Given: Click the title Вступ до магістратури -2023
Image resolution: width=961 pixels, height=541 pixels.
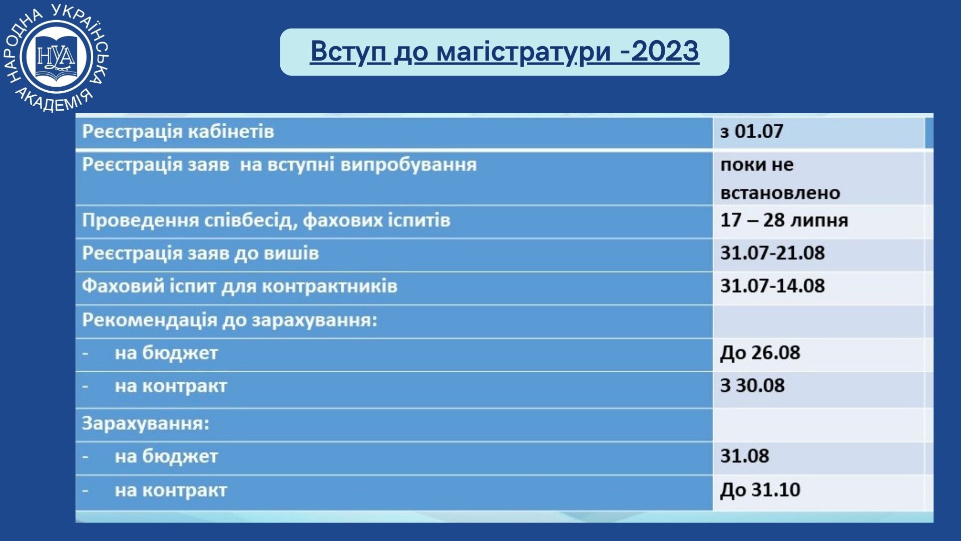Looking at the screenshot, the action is pyautogui.click(x=505, y=52).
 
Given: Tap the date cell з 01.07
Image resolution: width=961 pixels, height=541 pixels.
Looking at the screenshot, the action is pyautogui.click(x=751, y=131).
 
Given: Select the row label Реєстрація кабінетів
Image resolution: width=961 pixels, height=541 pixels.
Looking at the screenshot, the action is pyautogui.click(x=178, y=131).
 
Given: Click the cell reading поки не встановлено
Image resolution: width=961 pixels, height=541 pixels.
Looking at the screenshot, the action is pyautogui.click(x=780, y=179).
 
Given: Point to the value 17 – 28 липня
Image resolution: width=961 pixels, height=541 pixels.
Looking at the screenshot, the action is pyautogui.click(x=784, y=220).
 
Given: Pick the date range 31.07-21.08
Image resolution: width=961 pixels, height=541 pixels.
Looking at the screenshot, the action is pyautogui.click(x=772, y=252).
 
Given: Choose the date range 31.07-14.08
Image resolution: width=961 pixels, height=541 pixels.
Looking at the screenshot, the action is pyautogui.click(x=772, y=286).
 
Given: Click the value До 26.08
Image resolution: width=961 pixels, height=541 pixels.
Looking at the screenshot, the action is pyautogui.click(x=760, y=353).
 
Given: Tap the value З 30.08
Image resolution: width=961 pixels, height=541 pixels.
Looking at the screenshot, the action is pyautogui.click(x=752, y=385).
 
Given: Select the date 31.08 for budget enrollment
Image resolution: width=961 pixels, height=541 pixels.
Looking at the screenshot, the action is pyautogui.click(x=744, y=456).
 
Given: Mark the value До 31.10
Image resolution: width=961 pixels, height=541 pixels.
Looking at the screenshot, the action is pyautogui.click(x=760, y=489).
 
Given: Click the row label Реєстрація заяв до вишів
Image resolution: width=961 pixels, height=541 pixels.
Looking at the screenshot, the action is pyautogui.click(x=200, y=253).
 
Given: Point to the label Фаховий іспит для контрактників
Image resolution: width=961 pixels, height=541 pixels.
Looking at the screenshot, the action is pyautogui.click(x=240, y=286).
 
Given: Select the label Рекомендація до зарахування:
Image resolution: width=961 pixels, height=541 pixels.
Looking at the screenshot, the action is pyautogui.click(x=230, y=320).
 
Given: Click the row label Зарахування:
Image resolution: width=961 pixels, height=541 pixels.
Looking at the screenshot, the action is pyautogui.click(x=146, y=423).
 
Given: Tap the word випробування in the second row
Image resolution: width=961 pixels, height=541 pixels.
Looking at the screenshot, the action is pyautogui.click(x=408, y=165).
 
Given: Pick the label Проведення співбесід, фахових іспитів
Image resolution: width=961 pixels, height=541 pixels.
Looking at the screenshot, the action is pyautogui.click(x=266, y=220).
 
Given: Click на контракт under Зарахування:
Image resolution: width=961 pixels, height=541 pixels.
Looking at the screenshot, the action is pyautogui.click(x=171, y=490).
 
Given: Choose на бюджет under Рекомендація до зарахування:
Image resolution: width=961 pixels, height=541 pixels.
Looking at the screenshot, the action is pyautogui.click(x=166, y=353).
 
